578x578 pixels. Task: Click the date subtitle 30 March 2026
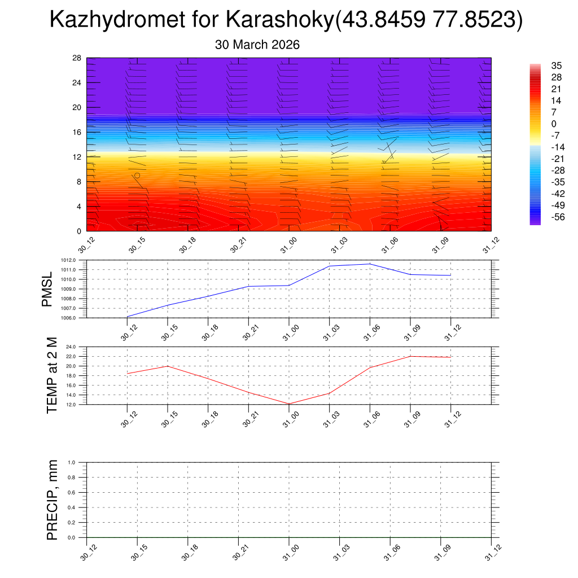[257, 45]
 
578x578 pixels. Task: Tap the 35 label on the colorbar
[541, 65]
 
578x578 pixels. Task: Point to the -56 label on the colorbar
[542, 217]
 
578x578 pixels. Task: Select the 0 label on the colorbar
[538, 124]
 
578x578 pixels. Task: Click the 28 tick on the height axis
[77, 58]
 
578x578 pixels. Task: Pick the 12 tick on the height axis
[77, 157]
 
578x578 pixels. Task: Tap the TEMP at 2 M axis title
[52, 375]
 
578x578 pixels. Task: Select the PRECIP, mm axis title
[52, 500]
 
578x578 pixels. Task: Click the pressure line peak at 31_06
[370, 264]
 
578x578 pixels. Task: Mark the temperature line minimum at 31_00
[289, 404]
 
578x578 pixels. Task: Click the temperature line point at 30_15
[168, 366]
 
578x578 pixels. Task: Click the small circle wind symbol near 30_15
[137, 176]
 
